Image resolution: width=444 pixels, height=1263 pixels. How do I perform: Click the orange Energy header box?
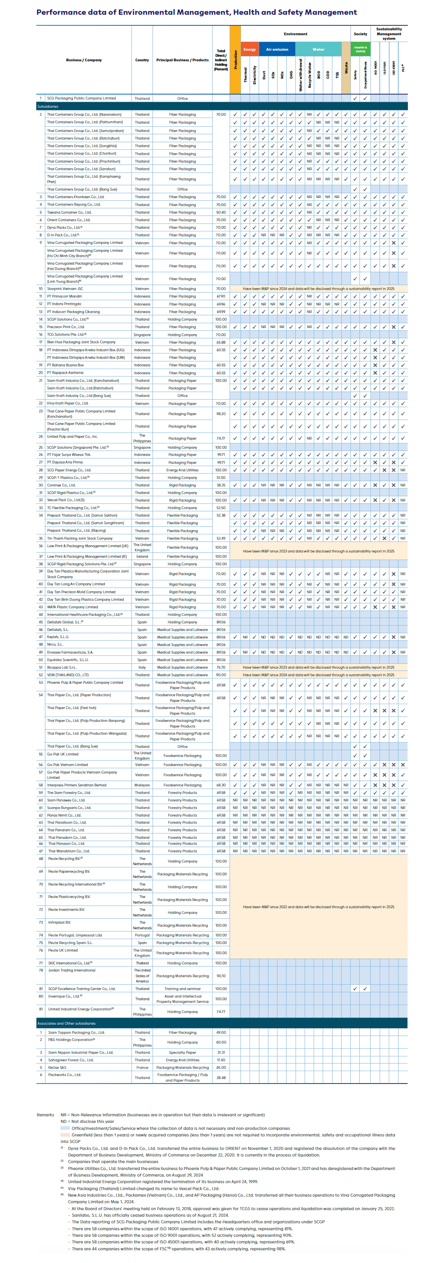pos(249,49)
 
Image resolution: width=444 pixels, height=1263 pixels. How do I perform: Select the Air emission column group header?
pos(277,49)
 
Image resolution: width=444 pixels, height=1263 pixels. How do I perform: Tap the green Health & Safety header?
pos(360,49)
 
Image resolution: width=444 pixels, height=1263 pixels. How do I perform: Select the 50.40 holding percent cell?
pos(221,212)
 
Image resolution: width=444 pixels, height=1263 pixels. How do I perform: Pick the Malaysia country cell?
pos(142,785)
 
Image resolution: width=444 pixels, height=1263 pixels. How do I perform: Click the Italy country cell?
pos(142,667)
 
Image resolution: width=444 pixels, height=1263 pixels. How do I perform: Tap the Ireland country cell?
pos(142,556)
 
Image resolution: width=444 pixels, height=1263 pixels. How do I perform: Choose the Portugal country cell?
pos(142,935)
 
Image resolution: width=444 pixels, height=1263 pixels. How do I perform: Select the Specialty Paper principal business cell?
pos(182,1052)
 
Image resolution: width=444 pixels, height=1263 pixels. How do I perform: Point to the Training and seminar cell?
pos(182,989)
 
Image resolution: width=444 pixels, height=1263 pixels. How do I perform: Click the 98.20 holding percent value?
pos(221,414)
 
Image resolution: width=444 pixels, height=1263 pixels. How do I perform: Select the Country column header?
pos(142,60)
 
